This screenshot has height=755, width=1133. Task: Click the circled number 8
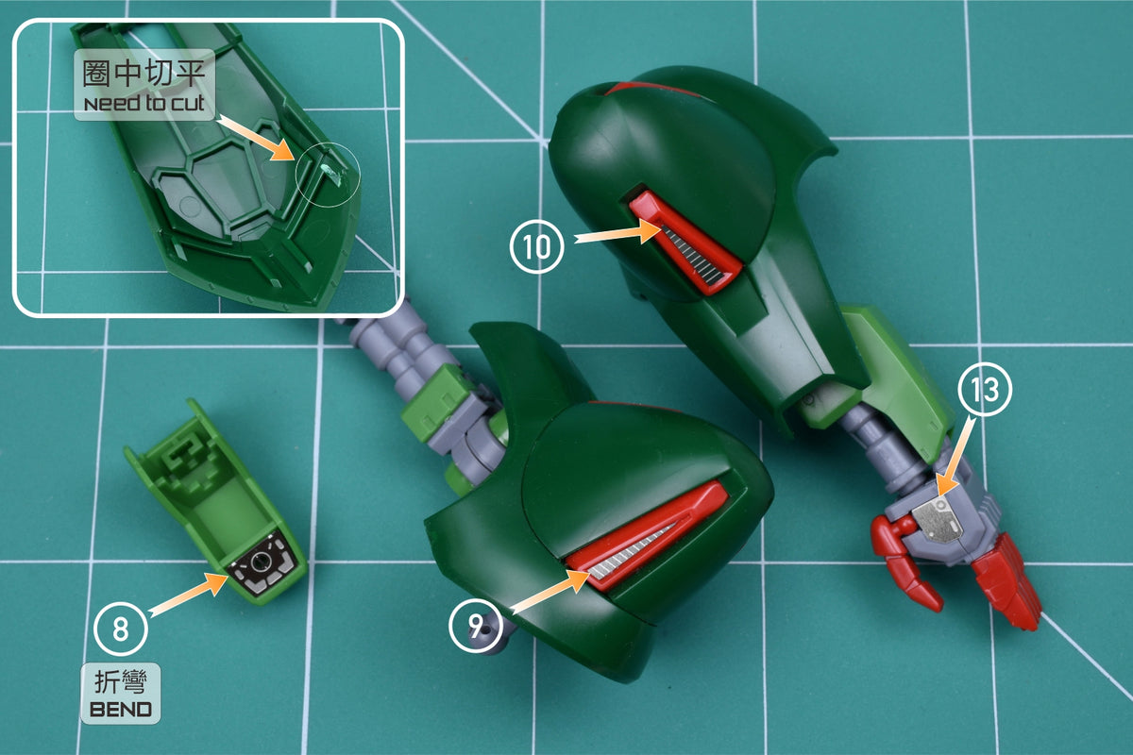121,629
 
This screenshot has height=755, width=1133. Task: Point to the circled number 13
985,389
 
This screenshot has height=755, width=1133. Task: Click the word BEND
121,710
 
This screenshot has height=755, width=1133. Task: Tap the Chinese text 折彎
121,681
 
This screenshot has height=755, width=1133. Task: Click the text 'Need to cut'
144,103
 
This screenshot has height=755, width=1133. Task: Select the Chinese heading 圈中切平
144,74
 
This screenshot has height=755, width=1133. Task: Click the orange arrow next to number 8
188,595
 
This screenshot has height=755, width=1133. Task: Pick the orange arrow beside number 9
550,591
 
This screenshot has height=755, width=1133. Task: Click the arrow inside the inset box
256,138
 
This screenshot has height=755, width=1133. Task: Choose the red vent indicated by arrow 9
647,536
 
